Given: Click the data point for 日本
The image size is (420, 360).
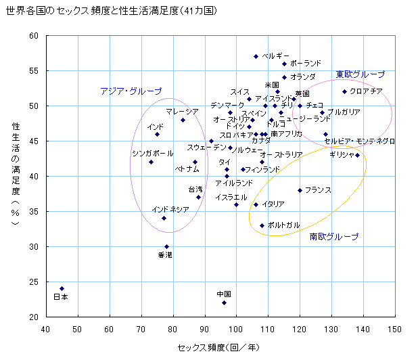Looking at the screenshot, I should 62,288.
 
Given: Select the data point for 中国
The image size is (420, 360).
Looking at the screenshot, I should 224,302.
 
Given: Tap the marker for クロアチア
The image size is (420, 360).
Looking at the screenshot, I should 344,91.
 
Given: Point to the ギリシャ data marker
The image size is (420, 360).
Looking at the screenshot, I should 357,155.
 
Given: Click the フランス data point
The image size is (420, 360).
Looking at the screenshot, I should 300,190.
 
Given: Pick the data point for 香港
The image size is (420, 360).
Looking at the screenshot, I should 166,246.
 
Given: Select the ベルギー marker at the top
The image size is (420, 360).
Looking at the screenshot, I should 256,56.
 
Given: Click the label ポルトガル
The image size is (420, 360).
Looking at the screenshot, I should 284,225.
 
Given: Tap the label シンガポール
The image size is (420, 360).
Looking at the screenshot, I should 153,153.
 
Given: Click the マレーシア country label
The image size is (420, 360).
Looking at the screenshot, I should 183,111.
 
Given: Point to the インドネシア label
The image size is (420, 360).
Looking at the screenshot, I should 170,210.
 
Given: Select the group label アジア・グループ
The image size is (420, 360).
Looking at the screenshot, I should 131,91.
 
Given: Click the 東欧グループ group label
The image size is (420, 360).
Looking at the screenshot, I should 360,74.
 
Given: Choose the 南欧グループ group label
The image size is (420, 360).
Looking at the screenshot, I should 334,237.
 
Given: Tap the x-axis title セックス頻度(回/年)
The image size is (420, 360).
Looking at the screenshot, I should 219,347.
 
